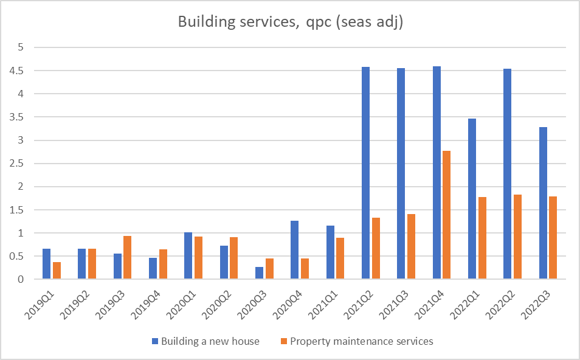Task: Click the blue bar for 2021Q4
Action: coord(437,173)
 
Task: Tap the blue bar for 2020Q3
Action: coord(259,273)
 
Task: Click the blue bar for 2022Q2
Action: coord(507,174)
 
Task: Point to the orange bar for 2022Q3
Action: coord(553,238)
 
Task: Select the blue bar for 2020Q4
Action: coord(295,250)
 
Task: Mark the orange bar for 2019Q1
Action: coord(57,271)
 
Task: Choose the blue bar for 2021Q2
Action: coord(365,173)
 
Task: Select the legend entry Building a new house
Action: coord(205,341)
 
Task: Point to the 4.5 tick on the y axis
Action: coord(22,71)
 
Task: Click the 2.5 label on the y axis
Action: coord(22,164)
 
